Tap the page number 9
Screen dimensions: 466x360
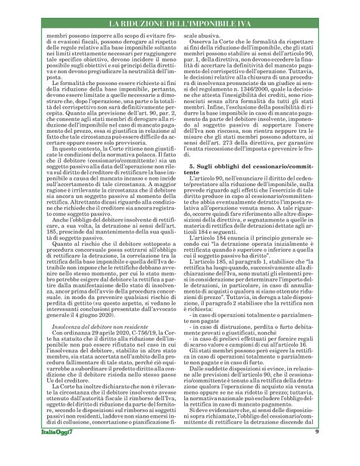tap(317, 449)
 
